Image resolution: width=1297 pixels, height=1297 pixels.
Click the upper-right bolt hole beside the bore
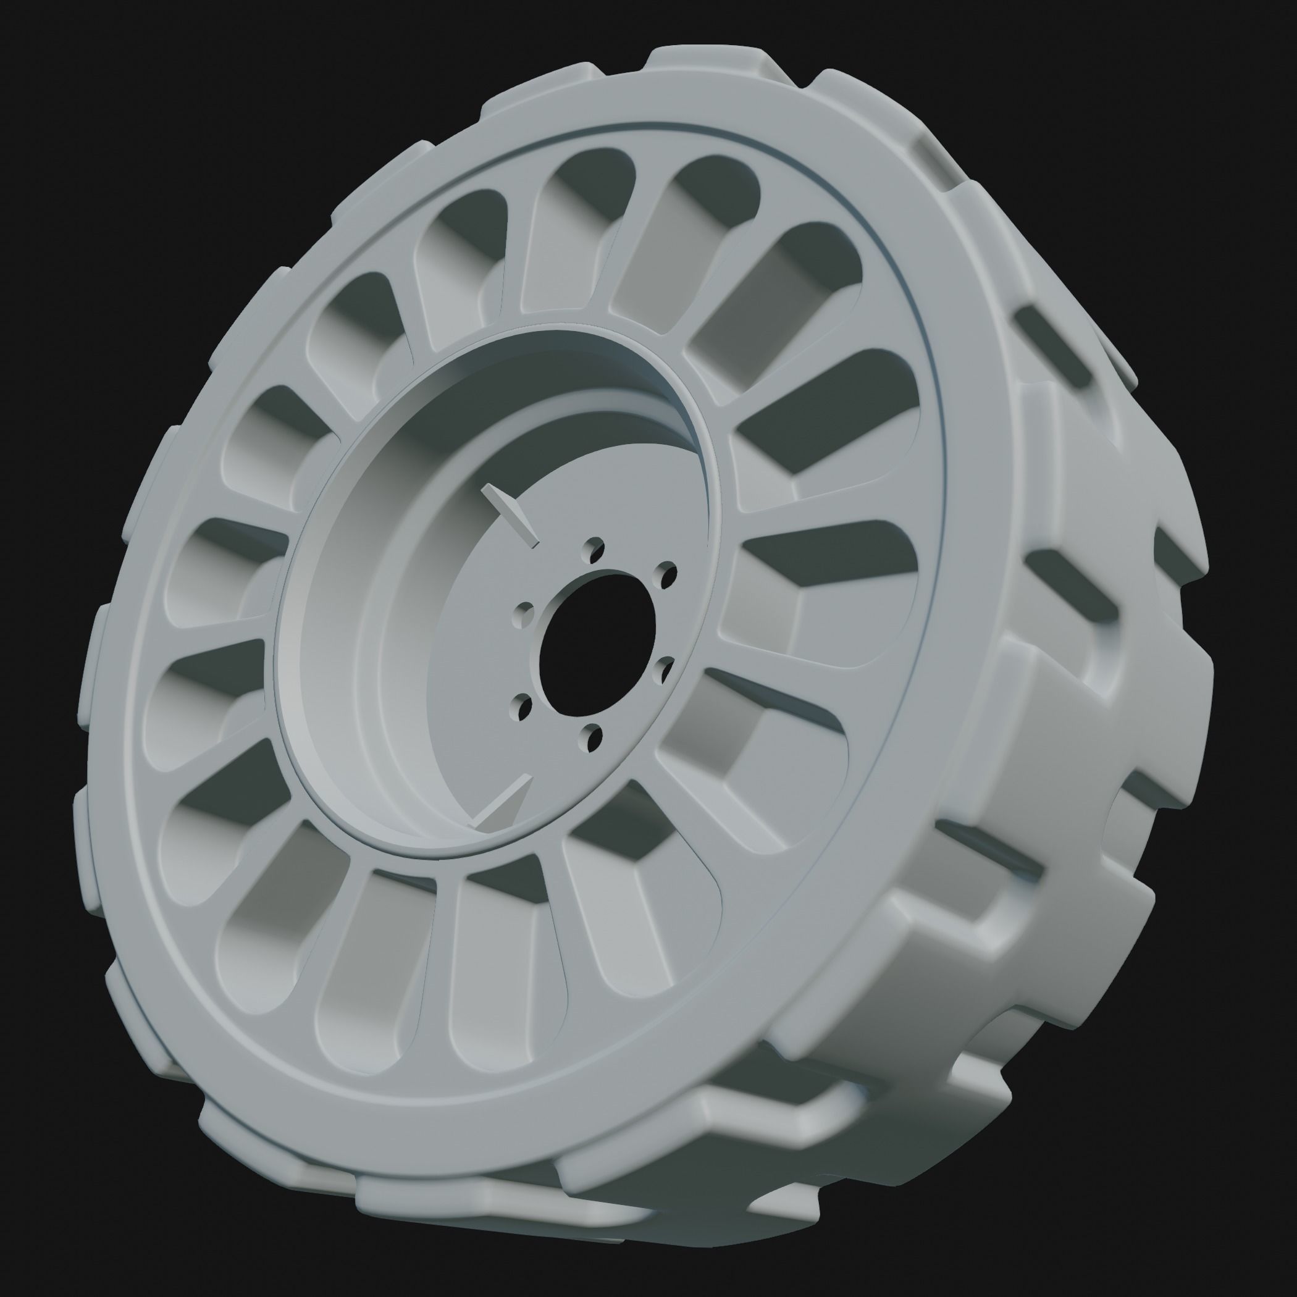point(668,574)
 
